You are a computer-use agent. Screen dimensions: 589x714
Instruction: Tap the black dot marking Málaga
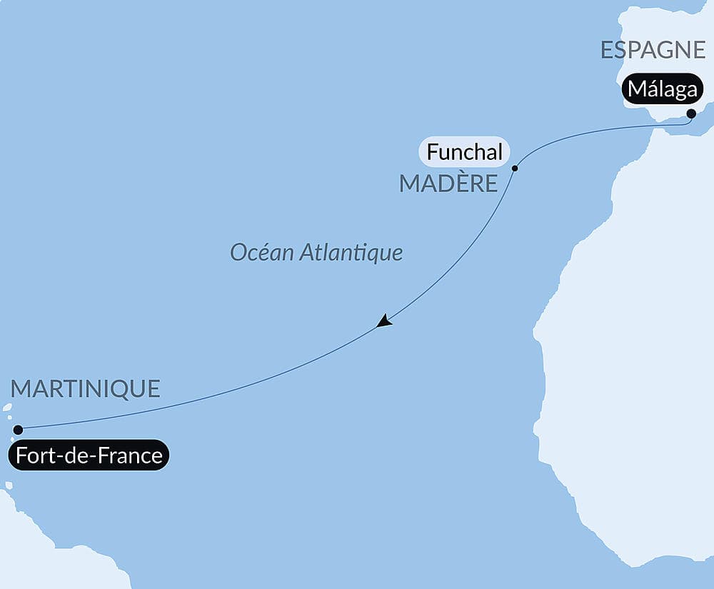coord(691,114)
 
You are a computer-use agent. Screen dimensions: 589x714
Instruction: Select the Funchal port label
coord(464,152)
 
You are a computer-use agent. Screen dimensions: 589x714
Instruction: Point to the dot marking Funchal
coord(515,168)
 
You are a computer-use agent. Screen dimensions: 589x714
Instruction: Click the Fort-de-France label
coord(89,455)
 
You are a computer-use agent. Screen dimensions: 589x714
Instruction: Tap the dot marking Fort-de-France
coord(19,430)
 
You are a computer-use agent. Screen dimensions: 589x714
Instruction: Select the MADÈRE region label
coord(448,183)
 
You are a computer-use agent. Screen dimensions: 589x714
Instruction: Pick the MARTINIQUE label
coord(86,389)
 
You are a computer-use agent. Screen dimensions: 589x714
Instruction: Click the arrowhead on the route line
coord(384,321)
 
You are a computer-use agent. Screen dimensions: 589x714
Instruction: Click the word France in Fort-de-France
coord(129,455)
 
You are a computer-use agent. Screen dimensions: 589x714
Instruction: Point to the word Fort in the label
coord(32,455)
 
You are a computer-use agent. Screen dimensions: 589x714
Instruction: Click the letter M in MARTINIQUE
coord(22,389)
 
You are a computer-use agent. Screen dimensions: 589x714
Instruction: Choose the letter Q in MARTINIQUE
coord(126,390)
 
